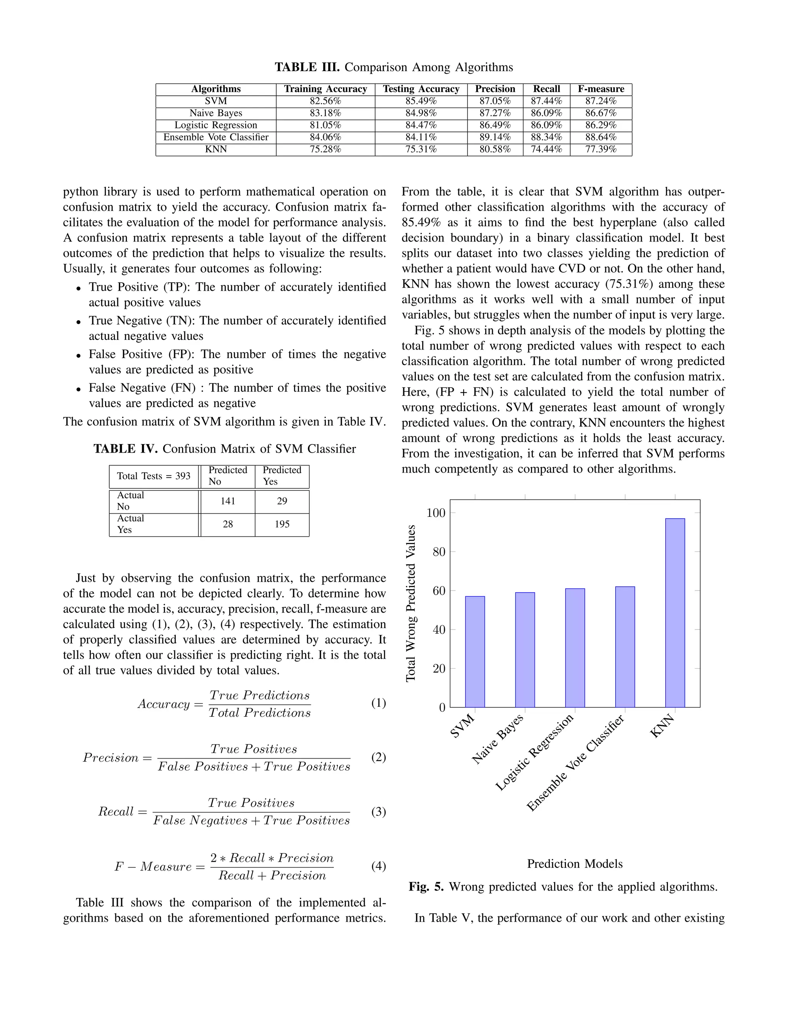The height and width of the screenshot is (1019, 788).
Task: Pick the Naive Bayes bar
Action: [x=525, y=649]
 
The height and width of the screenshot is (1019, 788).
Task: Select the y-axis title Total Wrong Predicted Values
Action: [x=411, y=603]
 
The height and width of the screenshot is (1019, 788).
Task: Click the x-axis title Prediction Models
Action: [x=575, y=864]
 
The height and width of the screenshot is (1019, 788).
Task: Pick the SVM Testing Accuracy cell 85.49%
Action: [x=421, y=101]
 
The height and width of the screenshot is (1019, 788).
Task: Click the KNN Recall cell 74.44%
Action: [x=546, y=149]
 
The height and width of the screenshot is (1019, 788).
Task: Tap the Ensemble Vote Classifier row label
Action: [x=216, y=137]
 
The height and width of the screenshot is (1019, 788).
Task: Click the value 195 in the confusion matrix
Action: [x=282, y=524]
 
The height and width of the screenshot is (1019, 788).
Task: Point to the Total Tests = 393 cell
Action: [x=154, y=476]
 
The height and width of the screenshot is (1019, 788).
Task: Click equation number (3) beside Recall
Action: [x=378, y=812]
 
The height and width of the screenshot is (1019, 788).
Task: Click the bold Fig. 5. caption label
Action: [x=426, y=887]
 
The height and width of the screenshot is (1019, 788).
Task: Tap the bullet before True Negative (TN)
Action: [x=79, y=322]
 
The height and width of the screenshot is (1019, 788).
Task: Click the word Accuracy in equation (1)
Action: [x=164, y=704]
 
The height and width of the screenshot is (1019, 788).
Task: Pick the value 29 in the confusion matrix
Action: [x=282, y=501]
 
